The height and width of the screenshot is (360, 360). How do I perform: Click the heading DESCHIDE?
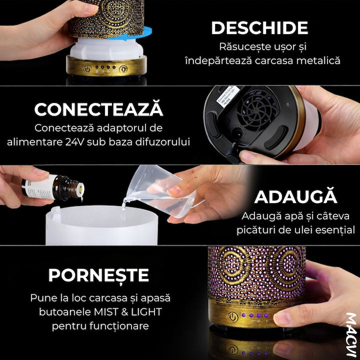(x=259, y=28)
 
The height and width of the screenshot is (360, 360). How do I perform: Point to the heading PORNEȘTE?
(x=98, y=276)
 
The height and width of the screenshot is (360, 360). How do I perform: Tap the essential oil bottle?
(x=53, y=187)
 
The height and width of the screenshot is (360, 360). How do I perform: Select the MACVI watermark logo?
(x=351, y=334)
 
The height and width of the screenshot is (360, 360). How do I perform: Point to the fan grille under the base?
(x=257, y=110)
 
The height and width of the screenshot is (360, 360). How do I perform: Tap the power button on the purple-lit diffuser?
(x=233, y=317)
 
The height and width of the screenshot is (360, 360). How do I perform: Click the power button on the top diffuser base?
(x=87, y=69)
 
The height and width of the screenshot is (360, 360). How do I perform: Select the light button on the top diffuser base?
(x=123, y=69)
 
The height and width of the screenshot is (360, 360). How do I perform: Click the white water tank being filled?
(x=102, y=225)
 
